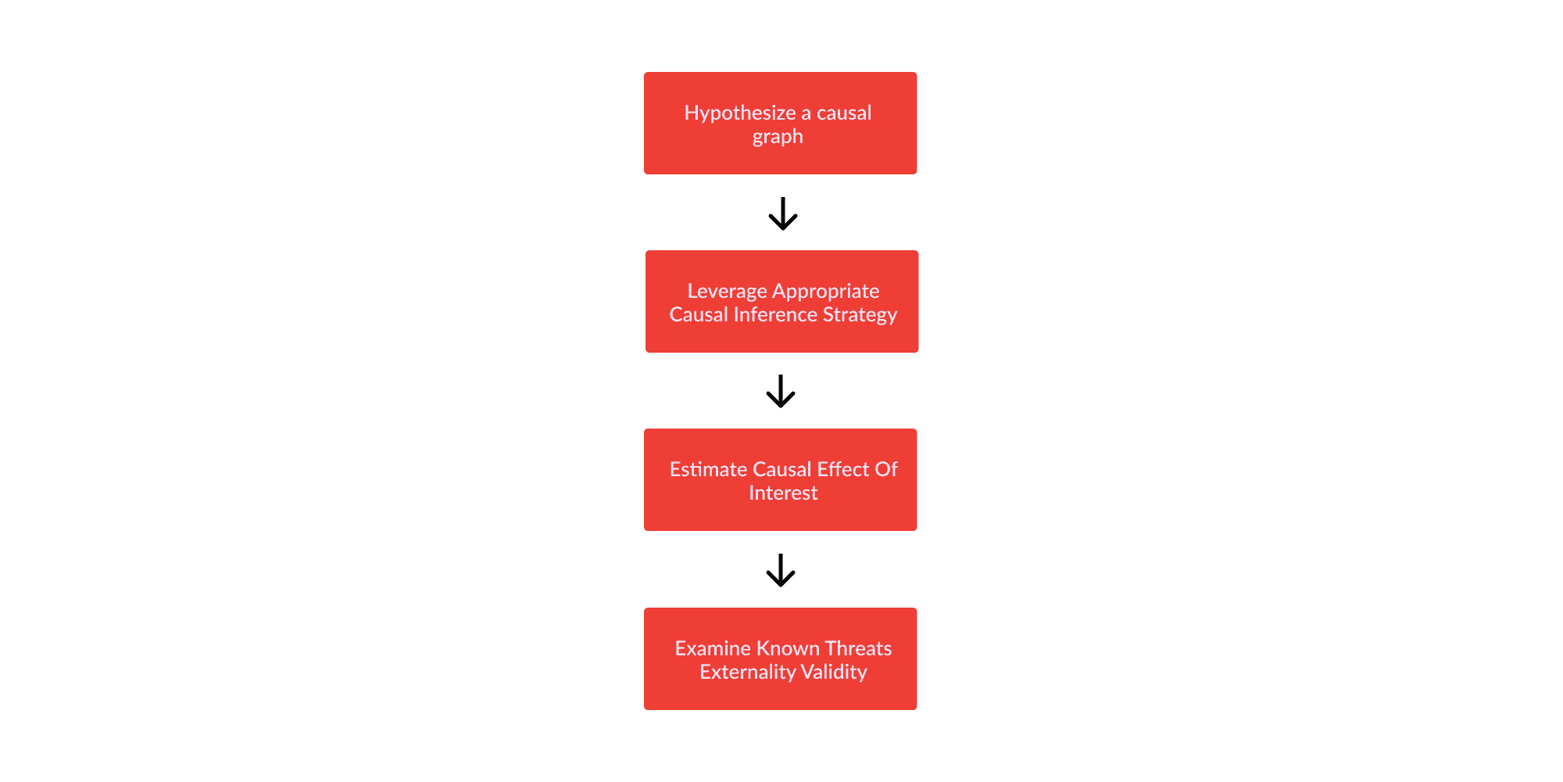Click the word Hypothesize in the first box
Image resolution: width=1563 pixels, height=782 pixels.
[740, 113]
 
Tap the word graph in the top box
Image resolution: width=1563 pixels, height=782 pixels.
[778, 138]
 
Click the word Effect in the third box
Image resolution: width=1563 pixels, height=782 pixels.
[843, 469]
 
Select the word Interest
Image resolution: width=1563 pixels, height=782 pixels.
[783, 493]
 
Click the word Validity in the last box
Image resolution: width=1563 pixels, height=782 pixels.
[834, 673]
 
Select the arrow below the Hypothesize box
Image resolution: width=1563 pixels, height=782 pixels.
[782, 213]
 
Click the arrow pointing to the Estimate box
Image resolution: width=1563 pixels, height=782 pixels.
[781, 391]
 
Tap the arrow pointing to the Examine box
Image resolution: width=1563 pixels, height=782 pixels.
[781, 570]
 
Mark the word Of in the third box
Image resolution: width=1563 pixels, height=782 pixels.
[886, 469]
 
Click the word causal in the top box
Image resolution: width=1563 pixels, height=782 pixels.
[844, 113]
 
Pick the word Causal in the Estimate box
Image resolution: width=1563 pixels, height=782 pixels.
[782, 469]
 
